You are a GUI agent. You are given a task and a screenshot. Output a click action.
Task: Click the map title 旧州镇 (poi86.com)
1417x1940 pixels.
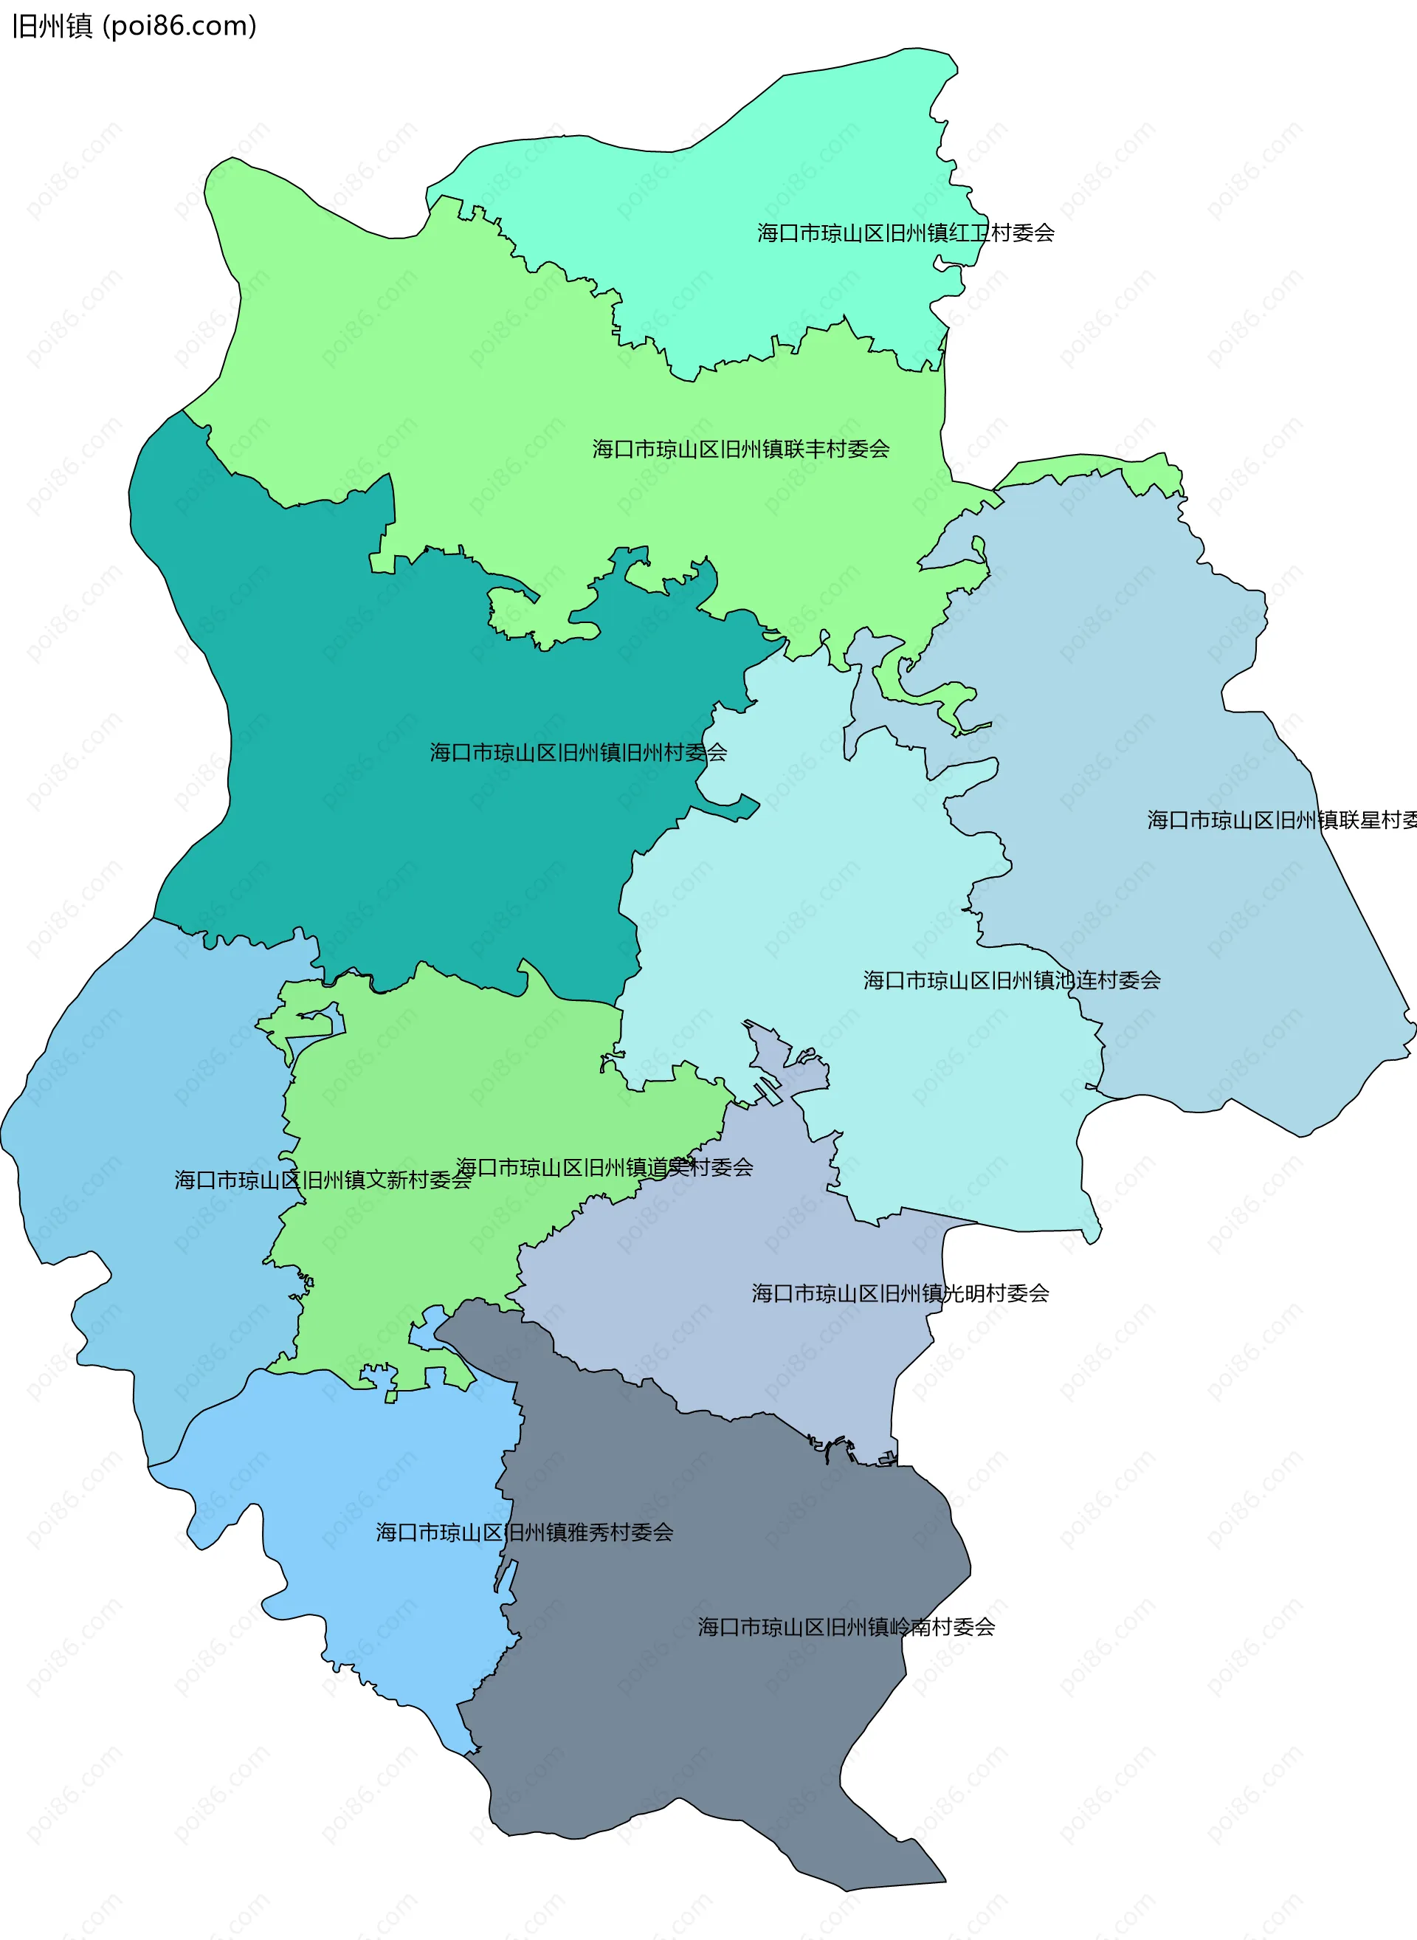[134, 27]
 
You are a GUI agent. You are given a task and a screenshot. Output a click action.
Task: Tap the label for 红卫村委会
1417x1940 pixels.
[905, 233]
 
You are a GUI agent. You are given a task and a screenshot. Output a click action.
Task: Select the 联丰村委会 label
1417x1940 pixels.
[740, 448]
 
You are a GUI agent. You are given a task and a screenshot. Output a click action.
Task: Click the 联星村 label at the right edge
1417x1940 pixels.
[1281, 820]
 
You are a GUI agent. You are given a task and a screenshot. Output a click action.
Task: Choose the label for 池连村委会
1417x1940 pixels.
[1011, 980]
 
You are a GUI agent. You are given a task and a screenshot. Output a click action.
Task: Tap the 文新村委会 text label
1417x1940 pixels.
[323, 1180]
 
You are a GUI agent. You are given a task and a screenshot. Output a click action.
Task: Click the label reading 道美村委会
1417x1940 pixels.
[604, 1167]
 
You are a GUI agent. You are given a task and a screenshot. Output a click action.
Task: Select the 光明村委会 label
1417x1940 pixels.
[900, 1293]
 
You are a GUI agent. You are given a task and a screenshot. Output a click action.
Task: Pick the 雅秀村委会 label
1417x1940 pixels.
[524, 1532]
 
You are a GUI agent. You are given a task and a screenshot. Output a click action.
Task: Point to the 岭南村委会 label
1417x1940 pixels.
[846, 1627]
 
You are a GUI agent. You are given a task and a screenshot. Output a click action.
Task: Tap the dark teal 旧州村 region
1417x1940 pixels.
[386, 815]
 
